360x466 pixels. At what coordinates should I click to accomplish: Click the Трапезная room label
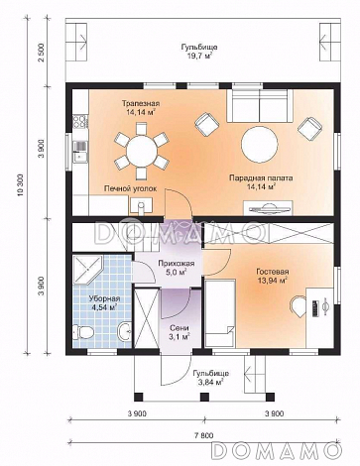pyautogui.click(x=141, y=103)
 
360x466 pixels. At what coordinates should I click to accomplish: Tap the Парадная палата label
pyautogui.click(x=261, y=178)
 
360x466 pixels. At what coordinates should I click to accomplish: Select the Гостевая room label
pyautogui.click(x=273, y=272)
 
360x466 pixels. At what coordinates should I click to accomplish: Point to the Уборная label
pyautogui.click(x=104, y=299)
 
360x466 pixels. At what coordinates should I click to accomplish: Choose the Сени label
pyautogui.click(x=180, y=328)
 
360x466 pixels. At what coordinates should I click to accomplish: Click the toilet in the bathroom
pyautogui.click(x=82, y=331)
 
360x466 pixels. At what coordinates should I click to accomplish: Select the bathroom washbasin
pyautogui.click(x=125, y=331)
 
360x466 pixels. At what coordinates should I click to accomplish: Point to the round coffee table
pyautogui.click(x=259, y=145)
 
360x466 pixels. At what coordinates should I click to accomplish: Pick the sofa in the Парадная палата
pyautogui.click(x=259, y=106)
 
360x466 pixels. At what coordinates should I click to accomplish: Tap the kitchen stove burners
pyautogui.click(x=80, y=121)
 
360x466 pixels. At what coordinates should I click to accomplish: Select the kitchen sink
pyautogui.click(x=79, y=152)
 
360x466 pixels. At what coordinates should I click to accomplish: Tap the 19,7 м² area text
pyautogui.click(x=198, y=56)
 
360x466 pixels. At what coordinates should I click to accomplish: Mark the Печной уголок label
pyautogui.click(x=130, y=188)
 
